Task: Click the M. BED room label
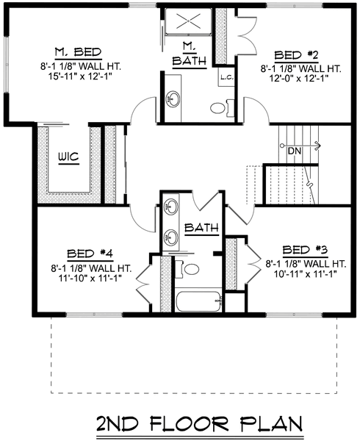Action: (78, 52)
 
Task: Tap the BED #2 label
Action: (296, 55)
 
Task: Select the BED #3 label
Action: (305, 250)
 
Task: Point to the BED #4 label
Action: (90, 254)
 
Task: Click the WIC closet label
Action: (69, 157)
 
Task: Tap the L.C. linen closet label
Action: (227, 77)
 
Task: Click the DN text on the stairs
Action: (295, 151)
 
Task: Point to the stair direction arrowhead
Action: (318, 146)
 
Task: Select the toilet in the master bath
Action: (222, 108)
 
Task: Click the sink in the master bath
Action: (173, 99)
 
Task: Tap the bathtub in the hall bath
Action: (198, 301)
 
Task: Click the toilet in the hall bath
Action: (187, 269)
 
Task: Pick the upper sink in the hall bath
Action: (170, 207)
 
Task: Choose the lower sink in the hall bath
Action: (170, 237)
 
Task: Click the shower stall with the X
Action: (188, 21)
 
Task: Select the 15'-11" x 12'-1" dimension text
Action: (80, 76)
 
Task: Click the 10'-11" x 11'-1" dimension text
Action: (306, 273)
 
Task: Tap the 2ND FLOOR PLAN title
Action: (200, 424)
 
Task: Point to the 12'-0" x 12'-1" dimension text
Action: (299, 79)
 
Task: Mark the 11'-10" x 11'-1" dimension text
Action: (90, 278)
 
